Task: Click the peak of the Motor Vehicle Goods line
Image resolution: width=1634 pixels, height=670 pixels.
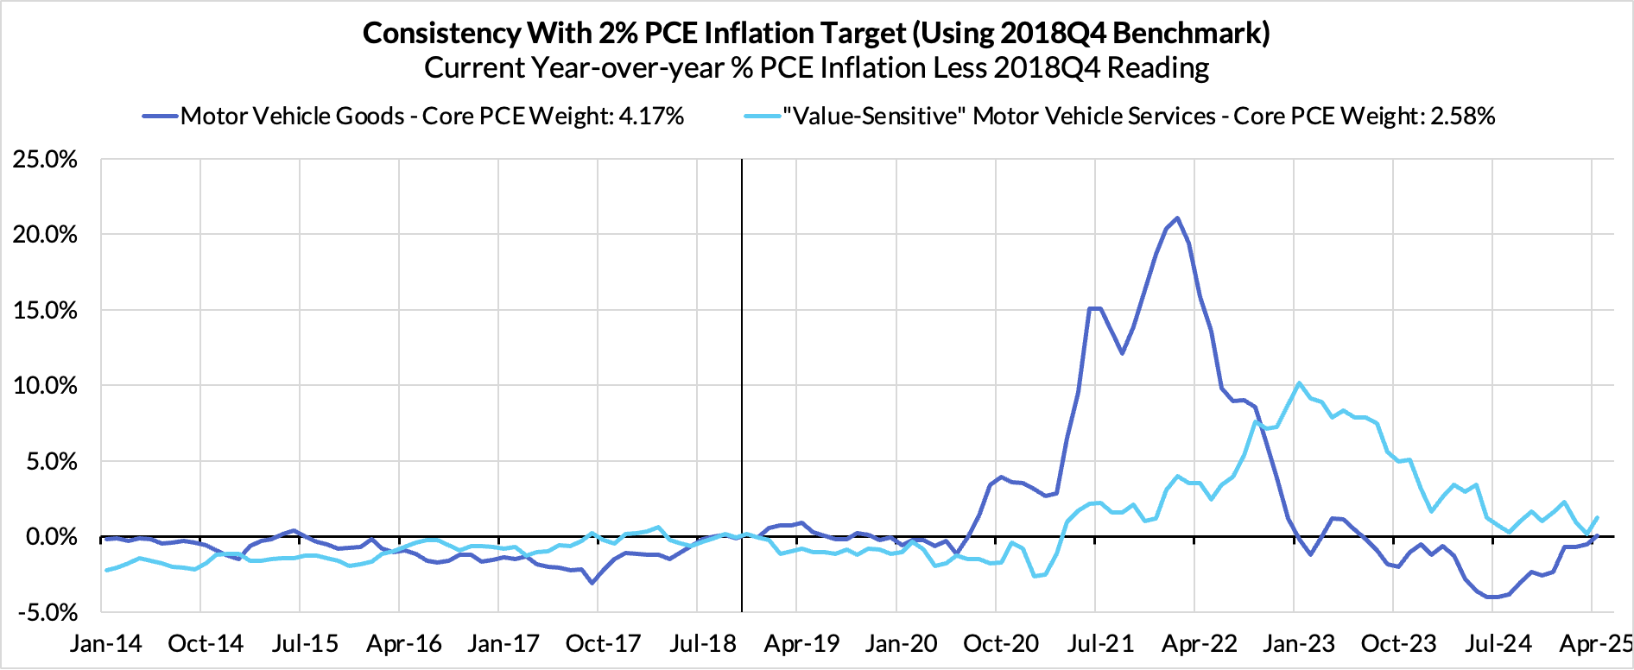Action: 1178,218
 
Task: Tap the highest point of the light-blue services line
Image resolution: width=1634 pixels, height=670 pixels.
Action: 1299,383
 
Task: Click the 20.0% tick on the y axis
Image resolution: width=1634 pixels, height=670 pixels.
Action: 45,235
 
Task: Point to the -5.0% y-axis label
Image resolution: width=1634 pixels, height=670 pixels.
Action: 45,612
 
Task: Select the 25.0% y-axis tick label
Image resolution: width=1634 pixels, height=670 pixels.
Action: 45,160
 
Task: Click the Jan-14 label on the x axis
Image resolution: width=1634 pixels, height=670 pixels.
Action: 106,644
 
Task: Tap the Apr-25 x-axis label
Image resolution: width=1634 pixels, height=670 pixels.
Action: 1595,644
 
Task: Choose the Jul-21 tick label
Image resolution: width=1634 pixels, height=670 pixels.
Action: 1099,644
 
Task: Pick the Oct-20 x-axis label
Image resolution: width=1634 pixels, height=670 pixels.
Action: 1000,644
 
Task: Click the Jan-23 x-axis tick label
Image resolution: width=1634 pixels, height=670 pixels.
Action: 1298,644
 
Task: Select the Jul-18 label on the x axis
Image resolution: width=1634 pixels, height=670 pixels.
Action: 702,644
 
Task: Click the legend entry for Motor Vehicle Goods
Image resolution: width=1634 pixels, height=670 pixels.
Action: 292,117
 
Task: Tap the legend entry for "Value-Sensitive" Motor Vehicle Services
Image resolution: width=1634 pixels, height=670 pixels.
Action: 998,117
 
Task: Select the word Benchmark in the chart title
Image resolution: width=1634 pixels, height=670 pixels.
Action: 1187,33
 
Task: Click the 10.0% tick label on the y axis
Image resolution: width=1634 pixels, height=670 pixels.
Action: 45,386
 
